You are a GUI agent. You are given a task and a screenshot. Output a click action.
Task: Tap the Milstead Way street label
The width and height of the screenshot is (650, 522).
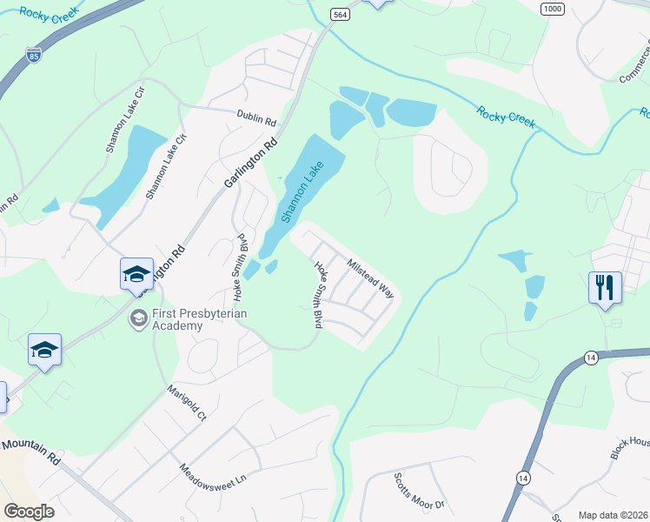tap(370, 278)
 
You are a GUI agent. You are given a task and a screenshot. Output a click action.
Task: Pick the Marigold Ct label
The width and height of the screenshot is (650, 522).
tap(187, 405)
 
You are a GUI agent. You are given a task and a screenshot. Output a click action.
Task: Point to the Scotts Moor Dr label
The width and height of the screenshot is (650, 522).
tap(419, 492)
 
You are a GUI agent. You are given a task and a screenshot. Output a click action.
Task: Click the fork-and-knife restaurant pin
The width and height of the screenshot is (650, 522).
tap(605, 286)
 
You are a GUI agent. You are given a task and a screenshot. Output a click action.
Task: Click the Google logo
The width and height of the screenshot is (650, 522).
tap(29, 512)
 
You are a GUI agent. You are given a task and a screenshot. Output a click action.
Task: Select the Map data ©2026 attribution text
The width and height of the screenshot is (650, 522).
tap(612, 515)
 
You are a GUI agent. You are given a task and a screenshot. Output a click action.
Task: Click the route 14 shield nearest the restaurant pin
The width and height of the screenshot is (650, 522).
tap(591, 358)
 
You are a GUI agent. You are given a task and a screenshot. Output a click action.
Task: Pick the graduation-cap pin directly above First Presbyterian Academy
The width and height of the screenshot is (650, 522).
tap(136, 274)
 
